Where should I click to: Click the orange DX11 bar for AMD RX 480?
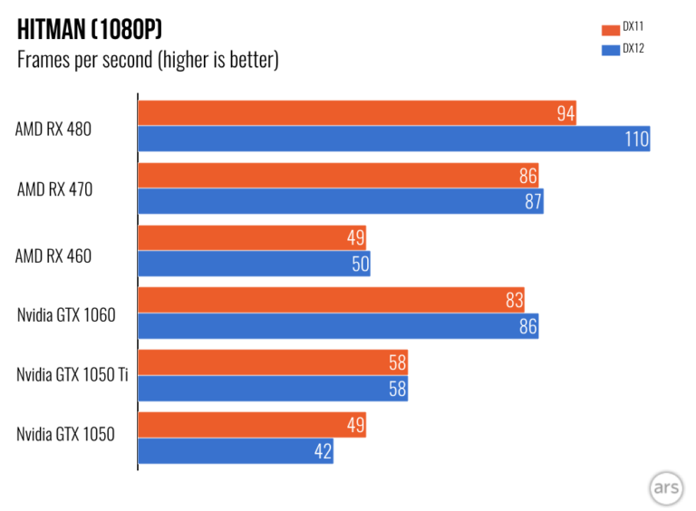click(357, 113)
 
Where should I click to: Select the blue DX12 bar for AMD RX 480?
click(393, 139)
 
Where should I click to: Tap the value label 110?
click(636, 139)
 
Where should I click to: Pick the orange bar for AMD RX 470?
click(338, 176)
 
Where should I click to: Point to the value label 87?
click(533, 201)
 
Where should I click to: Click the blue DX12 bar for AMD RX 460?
click(254, 264)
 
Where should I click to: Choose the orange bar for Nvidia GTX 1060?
click(331, 301)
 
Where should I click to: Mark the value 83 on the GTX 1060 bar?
click(514, 301)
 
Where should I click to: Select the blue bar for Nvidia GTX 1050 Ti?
click(272, 389)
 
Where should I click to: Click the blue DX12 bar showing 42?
click(236, 451)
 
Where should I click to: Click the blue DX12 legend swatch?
click(608, 50)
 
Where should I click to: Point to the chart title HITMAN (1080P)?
click(90, 30)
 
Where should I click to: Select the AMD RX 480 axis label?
click(53, 129)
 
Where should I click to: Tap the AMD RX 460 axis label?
click(53, 256)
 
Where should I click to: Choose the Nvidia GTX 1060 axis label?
click(65, 314)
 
